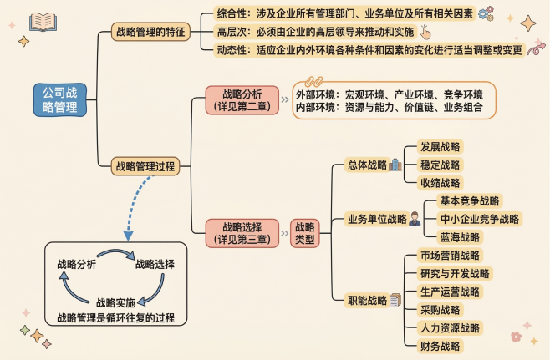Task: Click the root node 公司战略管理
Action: point(59,99)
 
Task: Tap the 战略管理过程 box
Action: point(145,166)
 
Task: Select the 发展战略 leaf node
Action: point(441,146)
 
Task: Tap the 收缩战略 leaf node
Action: point(441,182)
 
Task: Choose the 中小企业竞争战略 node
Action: point(480,219)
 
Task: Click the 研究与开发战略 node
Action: point(455,273)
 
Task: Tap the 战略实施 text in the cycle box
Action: point(115,302)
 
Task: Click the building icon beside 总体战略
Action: point(395,165)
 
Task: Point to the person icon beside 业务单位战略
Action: point(415,219)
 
